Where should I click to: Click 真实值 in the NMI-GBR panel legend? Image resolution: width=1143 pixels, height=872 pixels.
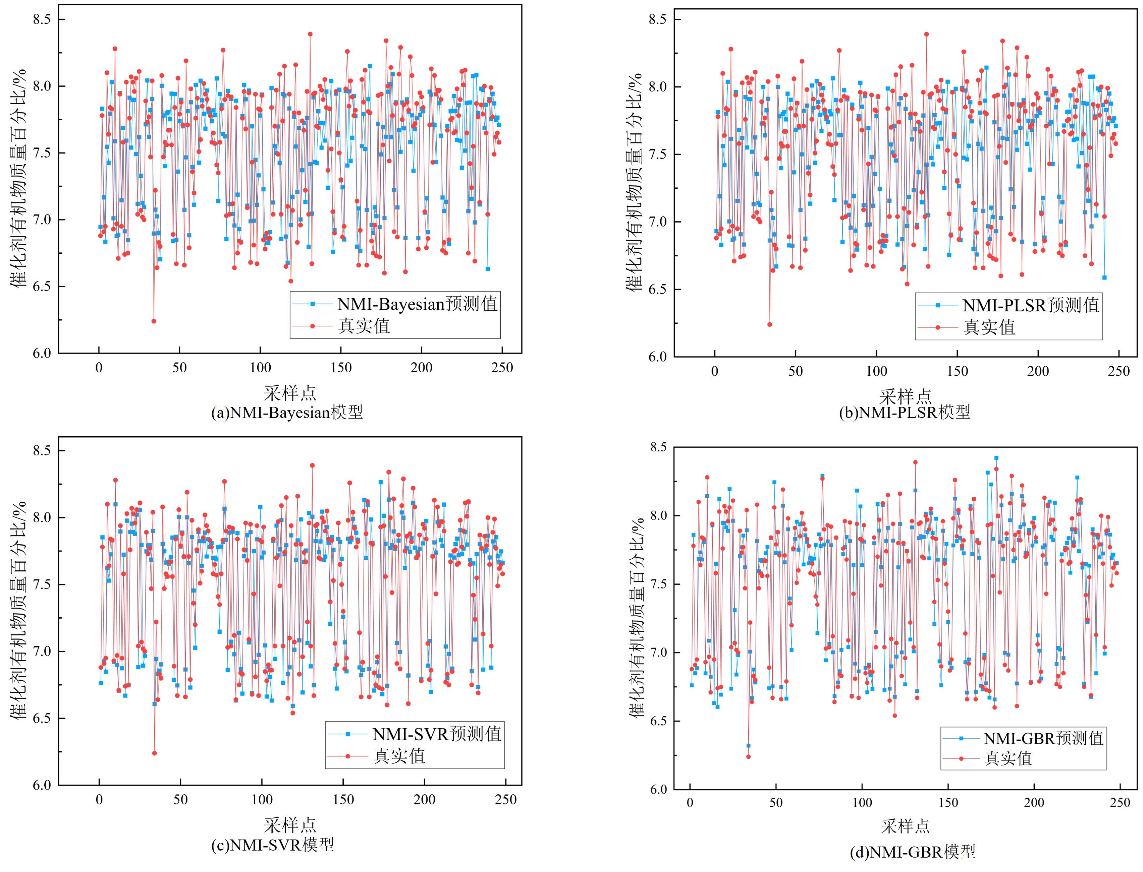1008,758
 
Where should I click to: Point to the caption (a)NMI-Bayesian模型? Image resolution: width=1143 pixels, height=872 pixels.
287,412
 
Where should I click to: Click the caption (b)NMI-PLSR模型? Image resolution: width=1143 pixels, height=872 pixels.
905,412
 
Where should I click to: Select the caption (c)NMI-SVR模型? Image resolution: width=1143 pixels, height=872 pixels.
273,845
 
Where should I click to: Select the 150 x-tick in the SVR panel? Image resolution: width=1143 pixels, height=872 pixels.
343,800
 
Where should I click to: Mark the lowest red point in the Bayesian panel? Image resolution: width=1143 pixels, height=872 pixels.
154,321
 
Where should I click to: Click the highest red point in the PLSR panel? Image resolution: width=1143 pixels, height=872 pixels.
926,34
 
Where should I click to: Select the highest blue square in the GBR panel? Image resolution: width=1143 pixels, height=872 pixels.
996,458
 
